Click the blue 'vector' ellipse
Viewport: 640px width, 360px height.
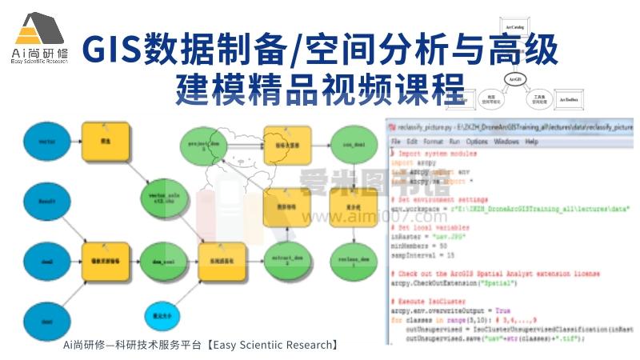click(x=46, y=142)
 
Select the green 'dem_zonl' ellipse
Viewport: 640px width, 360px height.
click(x=162, y=261)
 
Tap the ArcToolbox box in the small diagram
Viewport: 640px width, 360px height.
click(x=568, y=99)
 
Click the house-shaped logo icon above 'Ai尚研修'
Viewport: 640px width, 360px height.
click(x=38, y=30)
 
